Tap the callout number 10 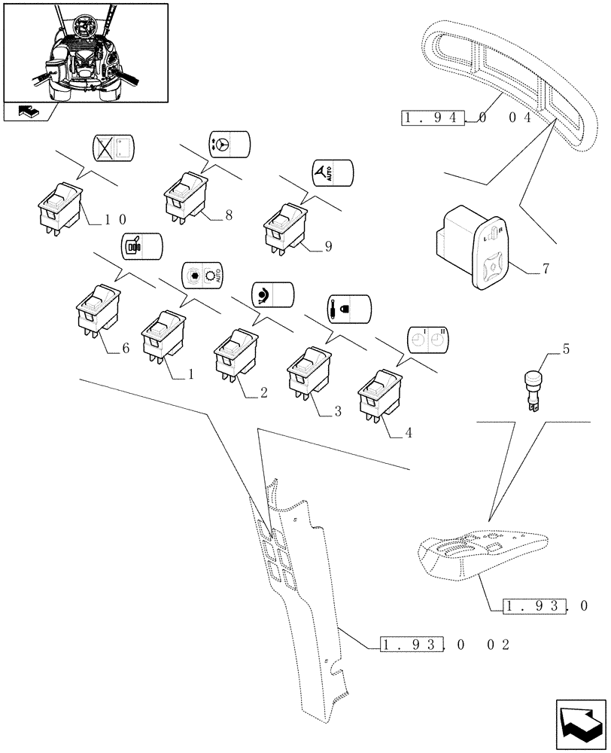point(115,219)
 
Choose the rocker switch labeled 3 point(307,371)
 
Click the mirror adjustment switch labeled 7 point(476,245)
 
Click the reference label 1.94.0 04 point(467,117)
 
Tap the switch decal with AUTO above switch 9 point(332,174)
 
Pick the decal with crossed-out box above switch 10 point(112,148)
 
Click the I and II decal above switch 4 point(427,340)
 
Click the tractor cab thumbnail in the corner point(85,53)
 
